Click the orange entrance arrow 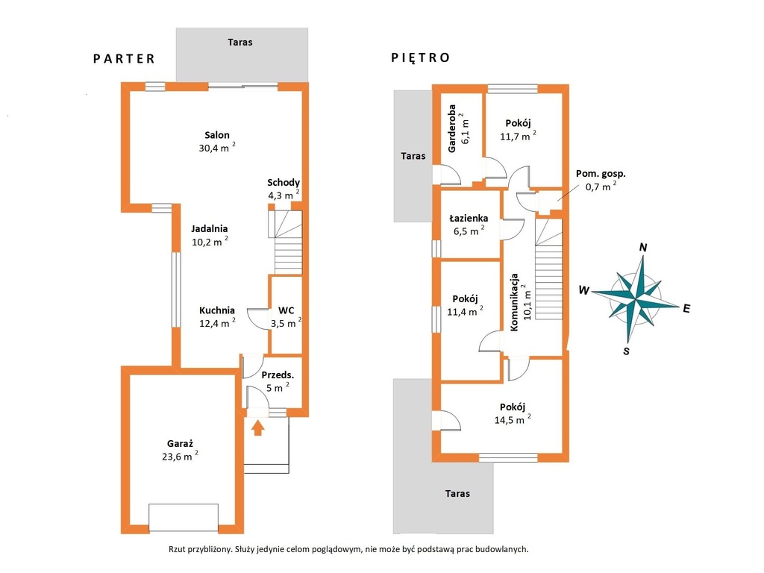coord(258,428)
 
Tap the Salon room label coord(217,136)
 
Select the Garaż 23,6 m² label coord(180,450)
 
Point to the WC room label coord(286,310)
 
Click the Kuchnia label coord(217,310)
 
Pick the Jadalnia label coord(209,228)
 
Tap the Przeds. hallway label coord(278,375)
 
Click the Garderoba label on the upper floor coord(451,128)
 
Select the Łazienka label coord(469,219)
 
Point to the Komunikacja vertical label coord(514,302)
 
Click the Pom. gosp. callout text coord(601,173)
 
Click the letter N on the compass coord(643,248)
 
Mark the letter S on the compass coord(626,351)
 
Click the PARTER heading coord(124,59)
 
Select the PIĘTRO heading coord(421,57)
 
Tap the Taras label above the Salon coord(240,43)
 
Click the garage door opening coord(184,518)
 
